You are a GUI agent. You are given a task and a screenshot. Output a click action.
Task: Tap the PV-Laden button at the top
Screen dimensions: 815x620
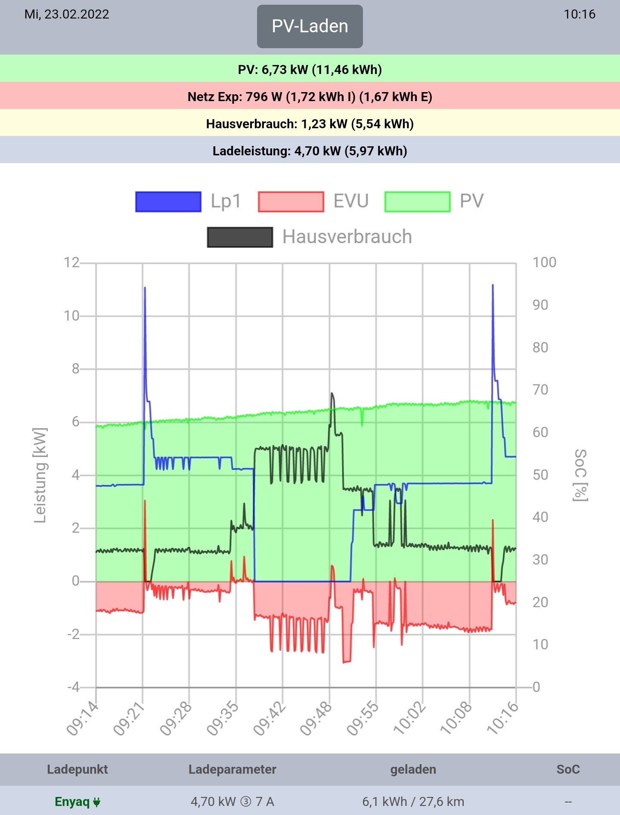(310, 26)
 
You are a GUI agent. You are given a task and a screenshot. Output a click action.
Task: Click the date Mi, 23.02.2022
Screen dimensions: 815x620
(67, 14)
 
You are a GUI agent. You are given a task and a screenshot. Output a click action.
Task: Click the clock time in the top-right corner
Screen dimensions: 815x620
(580, 14)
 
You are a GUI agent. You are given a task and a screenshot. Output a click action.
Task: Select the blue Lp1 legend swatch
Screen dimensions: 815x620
(168, 202)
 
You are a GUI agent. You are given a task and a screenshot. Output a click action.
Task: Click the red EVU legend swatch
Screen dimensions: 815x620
(291, 202)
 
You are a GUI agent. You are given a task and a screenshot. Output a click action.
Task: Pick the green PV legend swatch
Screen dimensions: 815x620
(417, 202)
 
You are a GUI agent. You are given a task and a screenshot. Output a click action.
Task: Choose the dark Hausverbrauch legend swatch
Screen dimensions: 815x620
(240, 237)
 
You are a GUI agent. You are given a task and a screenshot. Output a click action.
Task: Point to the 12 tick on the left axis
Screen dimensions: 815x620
(71, 262)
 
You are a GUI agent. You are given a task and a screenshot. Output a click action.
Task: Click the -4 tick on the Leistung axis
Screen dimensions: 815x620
(74, 687)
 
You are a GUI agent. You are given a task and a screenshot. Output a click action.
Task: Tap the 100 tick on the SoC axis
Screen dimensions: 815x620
(544, 262)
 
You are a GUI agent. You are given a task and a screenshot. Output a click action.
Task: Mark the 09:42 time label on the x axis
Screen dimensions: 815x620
(269, 719)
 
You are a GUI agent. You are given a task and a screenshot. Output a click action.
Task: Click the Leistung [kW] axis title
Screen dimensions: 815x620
(40, 475)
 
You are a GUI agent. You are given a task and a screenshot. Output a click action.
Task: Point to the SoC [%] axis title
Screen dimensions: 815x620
(580, 475)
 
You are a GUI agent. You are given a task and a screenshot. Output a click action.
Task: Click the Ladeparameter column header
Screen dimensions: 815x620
(232, 769)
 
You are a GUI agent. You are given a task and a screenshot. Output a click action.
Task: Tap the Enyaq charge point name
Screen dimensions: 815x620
(72, 802)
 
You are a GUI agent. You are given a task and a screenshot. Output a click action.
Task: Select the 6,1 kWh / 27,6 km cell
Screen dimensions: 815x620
(413, 802)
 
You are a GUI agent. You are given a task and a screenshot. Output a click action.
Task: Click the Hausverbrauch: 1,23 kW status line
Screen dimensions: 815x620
(310, 124)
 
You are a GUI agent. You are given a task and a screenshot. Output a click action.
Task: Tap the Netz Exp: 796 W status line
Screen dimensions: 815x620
(310, 97)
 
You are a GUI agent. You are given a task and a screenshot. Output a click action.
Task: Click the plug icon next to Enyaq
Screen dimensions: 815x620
(97, 802)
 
